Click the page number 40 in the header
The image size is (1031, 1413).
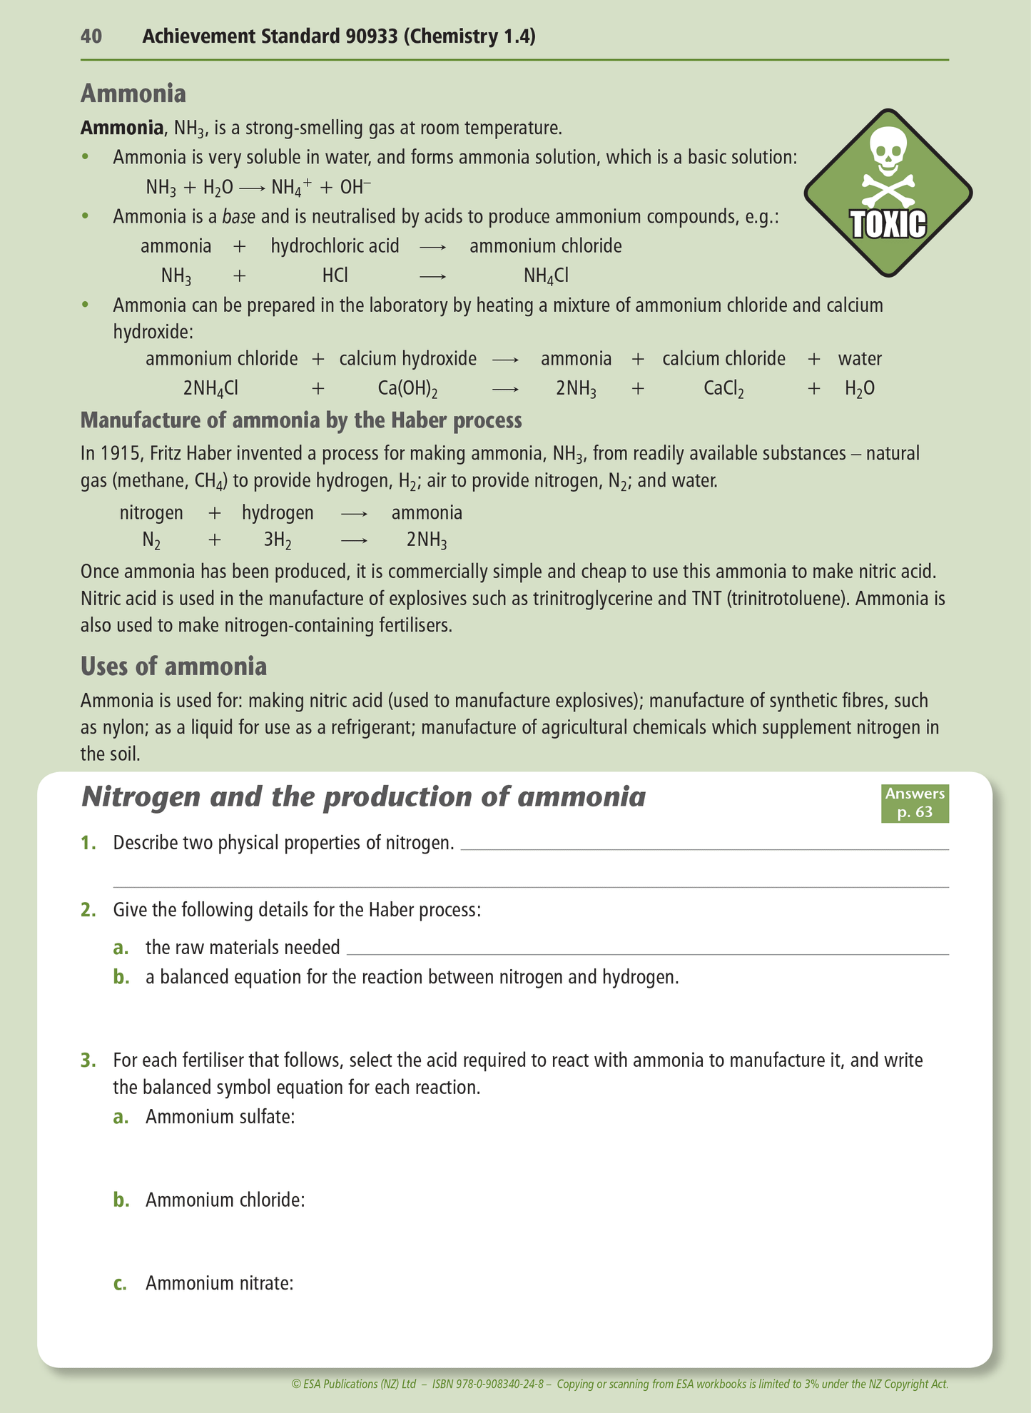point(91,36)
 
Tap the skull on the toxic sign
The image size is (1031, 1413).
point(889,151)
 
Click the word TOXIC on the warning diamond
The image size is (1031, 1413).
point(889,224)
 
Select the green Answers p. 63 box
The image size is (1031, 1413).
point(915,803)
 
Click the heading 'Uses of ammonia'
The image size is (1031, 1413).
point(173,666)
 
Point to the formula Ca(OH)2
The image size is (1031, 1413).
point(407,388)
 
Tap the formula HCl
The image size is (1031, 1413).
point(335,275)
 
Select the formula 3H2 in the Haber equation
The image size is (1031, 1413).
point(278,540)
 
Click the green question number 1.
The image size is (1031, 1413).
point(88,843)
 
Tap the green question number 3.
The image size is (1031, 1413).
point(88,1060)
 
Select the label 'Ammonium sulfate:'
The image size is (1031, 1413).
point(220,1116)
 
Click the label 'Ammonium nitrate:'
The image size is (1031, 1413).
point(219,1283)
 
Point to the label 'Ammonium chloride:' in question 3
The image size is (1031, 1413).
point(225,1200)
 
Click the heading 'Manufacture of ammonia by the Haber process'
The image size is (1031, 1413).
point(301,420)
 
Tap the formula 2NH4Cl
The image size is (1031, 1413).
point(210,388)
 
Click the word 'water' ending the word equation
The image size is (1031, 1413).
point(860,358)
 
